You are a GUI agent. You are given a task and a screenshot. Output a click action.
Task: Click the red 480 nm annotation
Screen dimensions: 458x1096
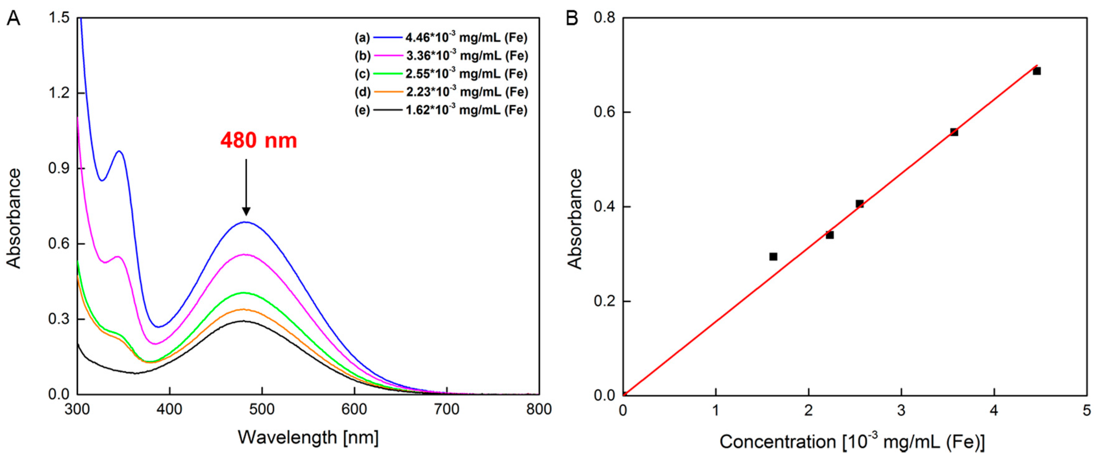click(258, 140)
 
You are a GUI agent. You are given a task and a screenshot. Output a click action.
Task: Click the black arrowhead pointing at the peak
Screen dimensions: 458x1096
click(246, 211)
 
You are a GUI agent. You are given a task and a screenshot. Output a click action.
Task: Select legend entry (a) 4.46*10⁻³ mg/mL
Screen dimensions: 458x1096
click(441, 38)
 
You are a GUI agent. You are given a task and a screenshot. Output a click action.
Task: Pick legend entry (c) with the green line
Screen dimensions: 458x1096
click(441, 74)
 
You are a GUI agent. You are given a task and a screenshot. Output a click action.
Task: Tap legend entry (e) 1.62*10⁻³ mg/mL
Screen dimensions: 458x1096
click(441, 110)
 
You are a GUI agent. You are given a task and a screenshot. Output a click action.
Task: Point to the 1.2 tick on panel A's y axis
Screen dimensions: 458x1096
click(59, 93)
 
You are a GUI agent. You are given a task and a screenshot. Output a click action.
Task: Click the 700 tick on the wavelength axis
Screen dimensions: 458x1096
click(447, 410)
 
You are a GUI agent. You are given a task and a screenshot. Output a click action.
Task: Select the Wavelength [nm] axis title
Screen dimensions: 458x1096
click(308, 437)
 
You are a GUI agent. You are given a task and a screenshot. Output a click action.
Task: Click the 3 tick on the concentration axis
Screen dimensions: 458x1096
click(901, 410)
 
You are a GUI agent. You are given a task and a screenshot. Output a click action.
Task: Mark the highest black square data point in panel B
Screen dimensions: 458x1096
click(1037, 71)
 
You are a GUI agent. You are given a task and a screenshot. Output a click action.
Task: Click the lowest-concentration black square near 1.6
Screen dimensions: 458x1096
click(773, 257)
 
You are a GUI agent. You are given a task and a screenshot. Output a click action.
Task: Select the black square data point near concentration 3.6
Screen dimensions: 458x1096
click(954, 132)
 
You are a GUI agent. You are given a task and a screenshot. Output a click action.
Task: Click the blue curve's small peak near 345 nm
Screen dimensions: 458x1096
click(120, 151)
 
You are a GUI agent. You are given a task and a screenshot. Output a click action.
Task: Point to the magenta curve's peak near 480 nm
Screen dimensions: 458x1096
click(246, 254)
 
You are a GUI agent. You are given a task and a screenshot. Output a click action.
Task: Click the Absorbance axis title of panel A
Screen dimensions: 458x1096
click(14, 218)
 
